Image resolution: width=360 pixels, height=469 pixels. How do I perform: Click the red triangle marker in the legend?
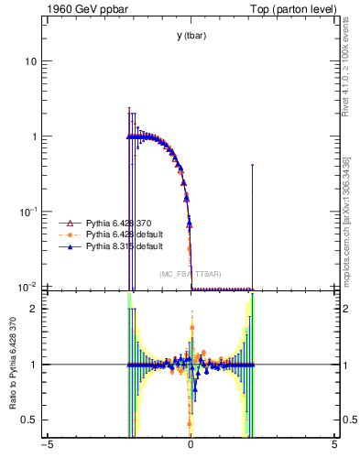(66, 224)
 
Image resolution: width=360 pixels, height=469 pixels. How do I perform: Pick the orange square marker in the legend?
(66, 235)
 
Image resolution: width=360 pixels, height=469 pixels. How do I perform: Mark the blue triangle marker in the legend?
(66, 246)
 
